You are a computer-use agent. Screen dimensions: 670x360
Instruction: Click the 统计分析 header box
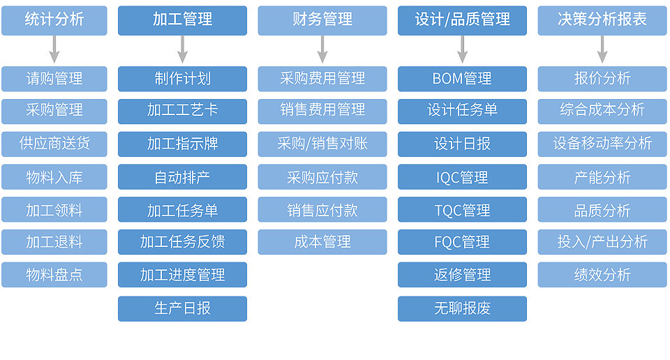coord(54,20)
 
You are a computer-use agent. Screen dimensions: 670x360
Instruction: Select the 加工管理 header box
coord(182,20)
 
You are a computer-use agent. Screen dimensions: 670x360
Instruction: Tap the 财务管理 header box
coord(322,20)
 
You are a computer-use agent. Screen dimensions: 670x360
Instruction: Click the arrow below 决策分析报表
coord(602,49)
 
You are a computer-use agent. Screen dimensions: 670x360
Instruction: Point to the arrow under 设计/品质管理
coord(462,49)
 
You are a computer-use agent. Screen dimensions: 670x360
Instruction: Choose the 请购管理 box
coord(54,79)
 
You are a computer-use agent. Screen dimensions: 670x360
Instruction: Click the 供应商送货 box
coord(54,144)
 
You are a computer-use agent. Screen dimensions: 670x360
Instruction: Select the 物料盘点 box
coord(54,275)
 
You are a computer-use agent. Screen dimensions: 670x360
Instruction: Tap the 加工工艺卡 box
coord(182,112)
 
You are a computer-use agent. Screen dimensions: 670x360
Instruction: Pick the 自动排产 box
coord(182,177)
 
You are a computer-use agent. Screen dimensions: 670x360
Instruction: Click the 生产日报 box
coord(182,309)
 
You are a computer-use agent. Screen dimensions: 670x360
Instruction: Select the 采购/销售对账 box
coord(322,144)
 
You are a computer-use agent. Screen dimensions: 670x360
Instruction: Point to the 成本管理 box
coord(322,242)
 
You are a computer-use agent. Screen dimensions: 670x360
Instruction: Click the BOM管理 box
coord(462,79)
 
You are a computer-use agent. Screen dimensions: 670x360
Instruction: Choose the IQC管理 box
coord(462,177)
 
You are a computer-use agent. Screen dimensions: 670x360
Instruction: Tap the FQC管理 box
coord(462,242)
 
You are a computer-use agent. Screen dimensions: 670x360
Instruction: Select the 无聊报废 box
coord(462,309)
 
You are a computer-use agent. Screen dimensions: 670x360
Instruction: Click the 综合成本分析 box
coord(602,112)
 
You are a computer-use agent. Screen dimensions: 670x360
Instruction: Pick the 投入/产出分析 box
coord(602,242)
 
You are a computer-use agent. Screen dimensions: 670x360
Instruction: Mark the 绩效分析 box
coord(602,275)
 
